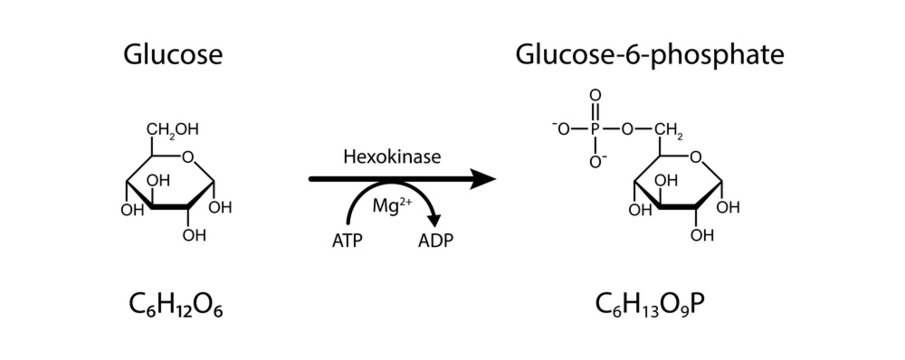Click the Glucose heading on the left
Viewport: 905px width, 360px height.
172,55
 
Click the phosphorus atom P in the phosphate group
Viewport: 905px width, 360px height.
595,128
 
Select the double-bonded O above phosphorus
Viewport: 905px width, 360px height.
595,98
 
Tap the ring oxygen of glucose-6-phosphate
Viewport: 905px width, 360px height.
696,156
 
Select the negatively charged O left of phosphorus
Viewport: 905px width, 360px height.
562,128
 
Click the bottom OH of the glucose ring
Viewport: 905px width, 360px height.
196,236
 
